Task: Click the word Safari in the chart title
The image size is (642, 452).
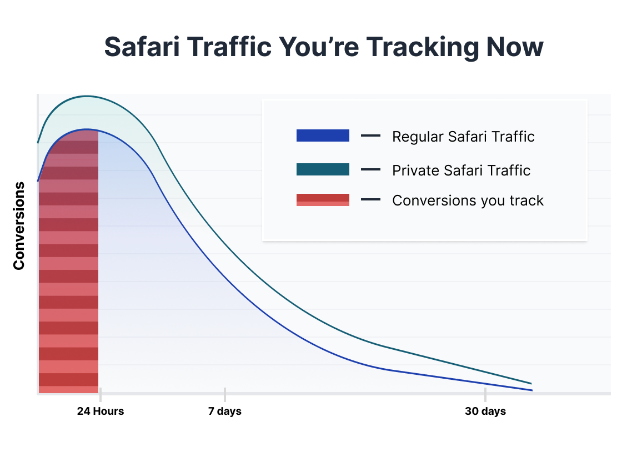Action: click(142, 46)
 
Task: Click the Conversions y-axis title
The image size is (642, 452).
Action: click(19, 226)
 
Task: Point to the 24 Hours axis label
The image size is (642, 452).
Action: click(101, 411)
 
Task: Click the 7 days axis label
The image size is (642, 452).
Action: click(225, 411)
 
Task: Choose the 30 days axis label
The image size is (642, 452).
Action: click(485, 411)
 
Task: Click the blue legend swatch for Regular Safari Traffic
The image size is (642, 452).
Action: click(323, 135)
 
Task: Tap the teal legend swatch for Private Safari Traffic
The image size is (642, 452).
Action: click(323, 169)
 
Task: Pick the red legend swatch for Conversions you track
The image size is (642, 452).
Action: click(323, 200)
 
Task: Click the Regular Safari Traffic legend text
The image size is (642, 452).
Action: click(464, 137)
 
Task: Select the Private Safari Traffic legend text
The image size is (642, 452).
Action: click(462, 170)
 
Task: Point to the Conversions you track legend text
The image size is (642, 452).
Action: click(468, 200)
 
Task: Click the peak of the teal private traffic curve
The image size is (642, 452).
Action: click(87, 96)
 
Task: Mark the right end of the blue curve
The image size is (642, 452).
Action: click(532, 390)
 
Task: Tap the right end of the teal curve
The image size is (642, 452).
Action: click(531, 384)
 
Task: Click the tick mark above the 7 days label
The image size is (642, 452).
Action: click(225, 395)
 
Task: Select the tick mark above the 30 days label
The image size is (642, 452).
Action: click(485, 395)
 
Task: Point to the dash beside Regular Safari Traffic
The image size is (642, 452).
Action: click(370, 135)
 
